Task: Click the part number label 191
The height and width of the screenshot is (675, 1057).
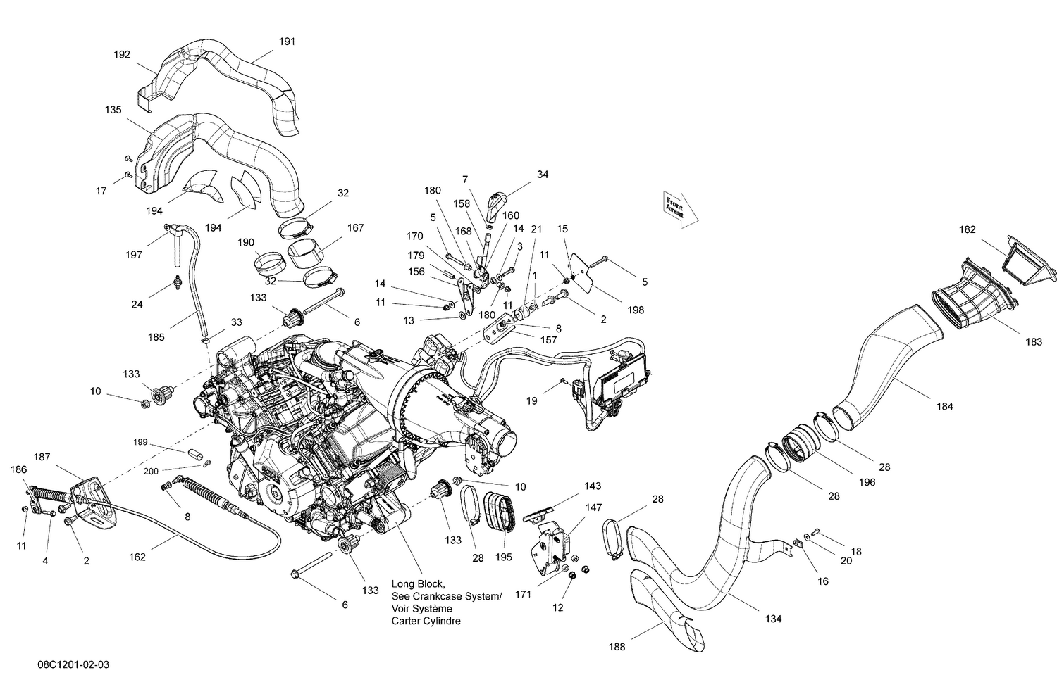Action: click(x=287, y=42)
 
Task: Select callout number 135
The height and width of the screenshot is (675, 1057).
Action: click(x=113, y=110)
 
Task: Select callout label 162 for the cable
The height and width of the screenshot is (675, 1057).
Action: click(x=137, y=557)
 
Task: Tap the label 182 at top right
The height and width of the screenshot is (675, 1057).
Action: click(x=968, y=229)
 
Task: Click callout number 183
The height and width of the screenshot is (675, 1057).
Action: click(x=1034, y=342)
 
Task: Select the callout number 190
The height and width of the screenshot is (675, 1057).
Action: click(x=245, y=242)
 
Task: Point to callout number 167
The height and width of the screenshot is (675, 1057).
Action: click(x=355, y=227)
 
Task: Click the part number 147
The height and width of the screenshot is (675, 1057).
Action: click(x=594, y=507)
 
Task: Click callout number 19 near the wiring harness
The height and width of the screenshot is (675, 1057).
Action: click(x=531, y=400)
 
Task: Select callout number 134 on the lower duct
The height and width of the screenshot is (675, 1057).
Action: click(x=773, y=619)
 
